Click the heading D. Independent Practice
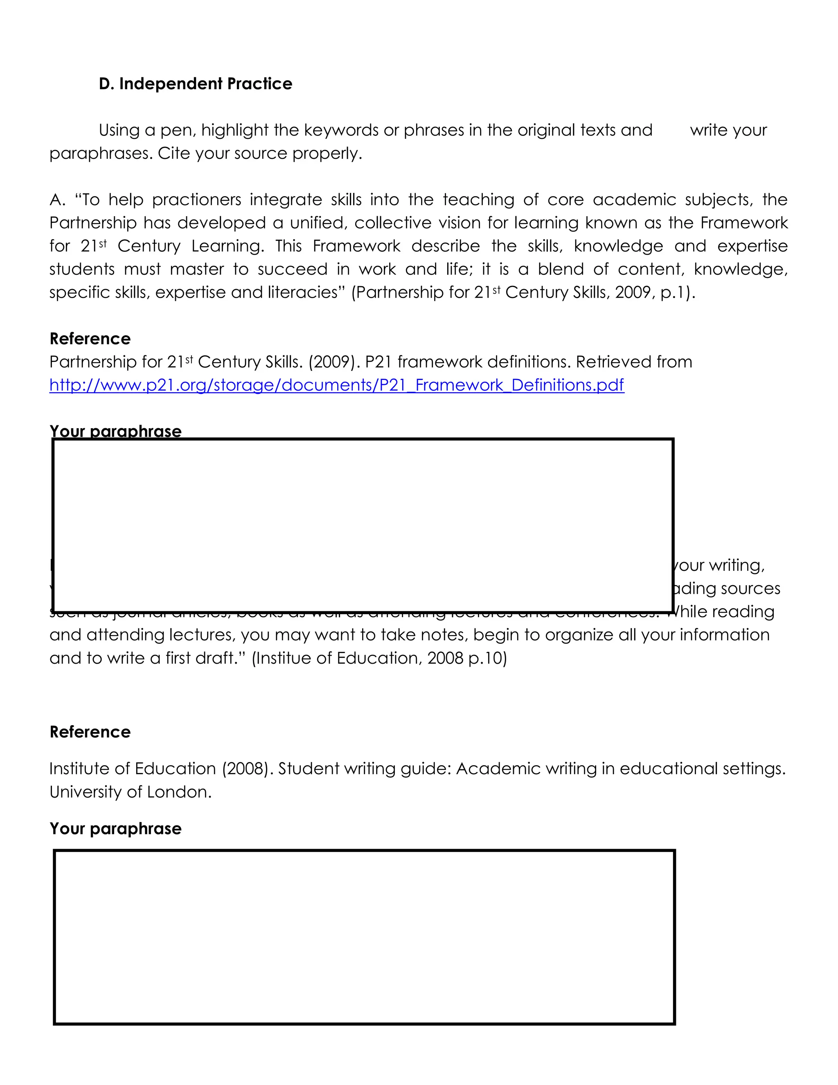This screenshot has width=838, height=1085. [x=196, y=84]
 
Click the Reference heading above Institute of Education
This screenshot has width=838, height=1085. [x=90, y=732]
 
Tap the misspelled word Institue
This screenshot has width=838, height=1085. [x=282, y=658]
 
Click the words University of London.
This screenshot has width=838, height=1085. [x=130, y=792]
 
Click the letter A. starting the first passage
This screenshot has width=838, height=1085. [x=57, y=200]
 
